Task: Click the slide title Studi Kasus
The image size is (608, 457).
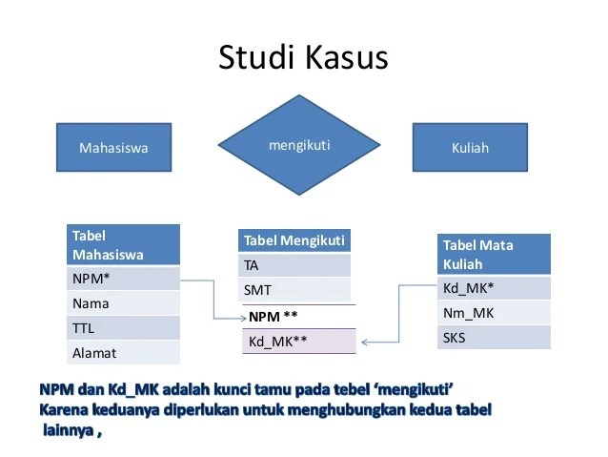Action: pyautogui.click(x=303, y=57)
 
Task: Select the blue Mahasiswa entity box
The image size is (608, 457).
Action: pyautogui.click(x=113, y=148)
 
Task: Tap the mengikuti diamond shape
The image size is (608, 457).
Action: pyautogui.click(x=300, y=145)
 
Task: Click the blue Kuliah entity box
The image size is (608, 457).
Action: pyautogui.click(x=469, y=148)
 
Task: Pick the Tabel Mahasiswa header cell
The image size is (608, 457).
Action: pyautogui.click(x=125, y=245)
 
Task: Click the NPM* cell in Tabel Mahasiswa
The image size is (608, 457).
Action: pyautogui.click(x=125, y=279)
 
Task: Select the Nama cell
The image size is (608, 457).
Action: pyautogui.click(x=125, y=303)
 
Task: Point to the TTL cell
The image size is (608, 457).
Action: pyautogui.click(x=125, y=328)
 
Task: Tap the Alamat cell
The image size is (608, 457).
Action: pyautogui.click(x=125, y=353)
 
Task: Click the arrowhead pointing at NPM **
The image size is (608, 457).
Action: pyautogui.click(x=240, y=317)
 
